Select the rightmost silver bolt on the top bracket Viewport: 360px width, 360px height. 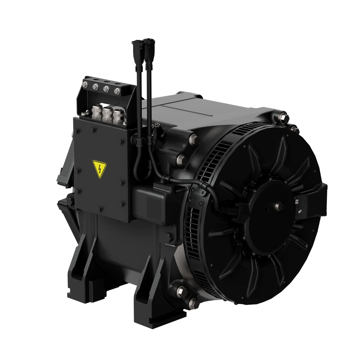117,90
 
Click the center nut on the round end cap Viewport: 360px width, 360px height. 277,206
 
